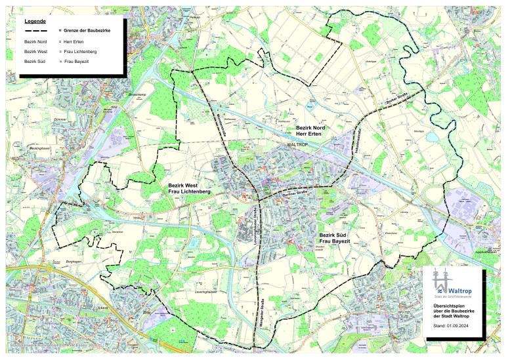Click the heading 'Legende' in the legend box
[35, 21]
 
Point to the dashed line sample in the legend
[37, 31]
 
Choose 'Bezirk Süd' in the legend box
[35, 60]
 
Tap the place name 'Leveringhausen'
[208, 289]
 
